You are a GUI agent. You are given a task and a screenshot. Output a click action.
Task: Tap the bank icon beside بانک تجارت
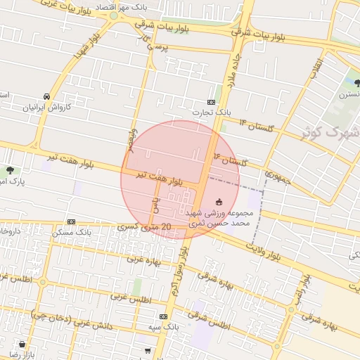tap(212, 102)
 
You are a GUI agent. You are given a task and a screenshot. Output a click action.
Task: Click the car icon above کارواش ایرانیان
tap(46, 96)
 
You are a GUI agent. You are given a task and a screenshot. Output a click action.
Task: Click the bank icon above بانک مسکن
tap(70, 221)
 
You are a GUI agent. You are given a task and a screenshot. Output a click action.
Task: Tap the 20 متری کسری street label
tap(145, 226)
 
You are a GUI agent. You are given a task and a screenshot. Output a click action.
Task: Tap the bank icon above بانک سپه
tap(163, 317)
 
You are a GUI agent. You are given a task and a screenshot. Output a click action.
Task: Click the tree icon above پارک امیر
tap(10, 170)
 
